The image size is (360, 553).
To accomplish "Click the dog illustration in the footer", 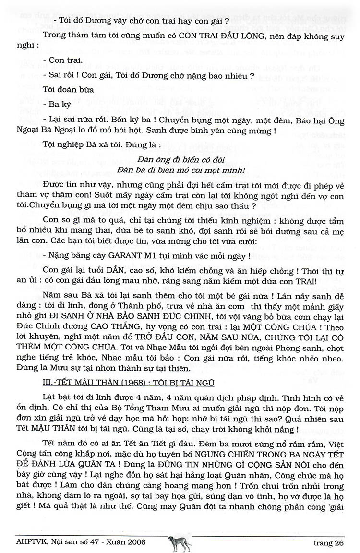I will [x=180, y=543].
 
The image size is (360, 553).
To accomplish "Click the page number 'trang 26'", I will [x=329, y=543].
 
